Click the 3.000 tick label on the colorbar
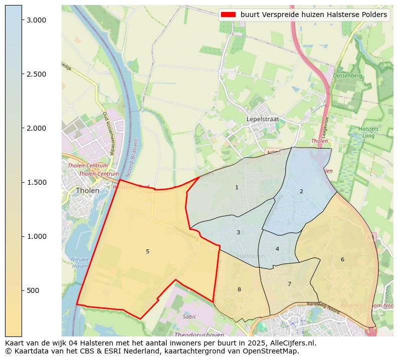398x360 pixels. [x=36, y=20]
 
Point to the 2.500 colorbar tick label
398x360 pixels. [x=36, y=74]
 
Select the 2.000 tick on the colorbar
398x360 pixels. [x=36, y=128]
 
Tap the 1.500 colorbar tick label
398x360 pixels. [x=36, y=182]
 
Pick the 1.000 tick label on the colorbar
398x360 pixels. [x=36, y=236]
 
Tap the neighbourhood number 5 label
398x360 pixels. [x=147, y=251]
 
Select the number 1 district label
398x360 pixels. [x=237, y=187]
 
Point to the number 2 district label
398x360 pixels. [x=301, y=191]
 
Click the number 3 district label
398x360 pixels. [x=238, y=232]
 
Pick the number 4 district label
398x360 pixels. [x=277, y=249]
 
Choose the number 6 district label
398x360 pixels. [x=342, y=259]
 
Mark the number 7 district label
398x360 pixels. [x=289, y=284]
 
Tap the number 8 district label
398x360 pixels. [x=239, y=289]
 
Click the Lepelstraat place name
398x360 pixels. [x=263, y=119]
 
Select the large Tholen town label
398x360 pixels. [x=87, y=191]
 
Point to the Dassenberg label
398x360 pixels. [x=348, y=76]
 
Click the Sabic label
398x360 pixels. [x=189, y=316]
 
